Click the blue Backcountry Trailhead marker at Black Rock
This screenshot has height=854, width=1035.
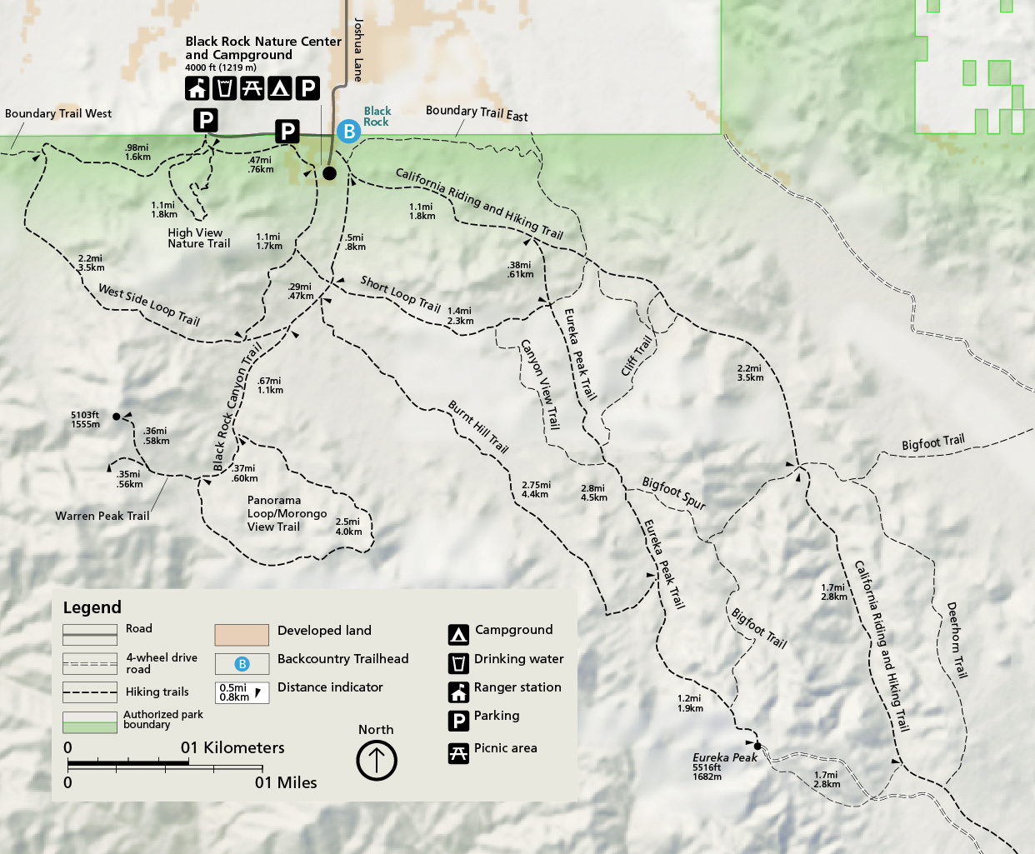point(348,131)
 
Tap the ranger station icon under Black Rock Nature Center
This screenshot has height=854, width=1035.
point(197,87)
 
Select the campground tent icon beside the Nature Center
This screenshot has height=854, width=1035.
point(280,87)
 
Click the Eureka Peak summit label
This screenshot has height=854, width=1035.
point(724,757)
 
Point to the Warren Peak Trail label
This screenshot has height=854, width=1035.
point(102,516)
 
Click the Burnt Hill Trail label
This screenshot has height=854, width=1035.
point(478,427)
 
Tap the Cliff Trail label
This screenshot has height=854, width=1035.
point(637,356)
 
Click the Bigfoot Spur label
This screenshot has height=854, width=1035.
point(673,493)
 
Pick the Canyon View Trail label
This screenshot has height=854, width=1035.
point(540,384)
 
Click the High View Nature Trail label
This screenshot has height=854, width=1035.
point(198,238)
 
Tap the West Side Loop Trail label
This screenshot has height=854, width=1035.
point(149,304)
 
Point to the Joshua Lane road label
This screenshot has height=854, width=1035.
point(358,50)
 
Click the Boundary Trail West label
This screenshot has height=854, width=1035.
point(58,113)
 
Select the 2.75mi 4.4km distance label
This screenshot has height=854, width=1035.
point(536,489)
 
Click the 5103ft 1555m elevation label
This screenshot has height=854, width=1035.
point(85,419)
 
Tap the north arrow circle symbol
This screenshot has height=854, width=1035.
point(377,760)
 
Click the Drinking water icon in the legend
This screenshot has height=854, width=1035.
point(458,663)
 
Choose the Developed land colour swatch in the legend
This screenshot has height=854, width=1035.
point(242,635)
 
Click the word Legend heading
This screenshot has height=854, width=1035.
point(92,607)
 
